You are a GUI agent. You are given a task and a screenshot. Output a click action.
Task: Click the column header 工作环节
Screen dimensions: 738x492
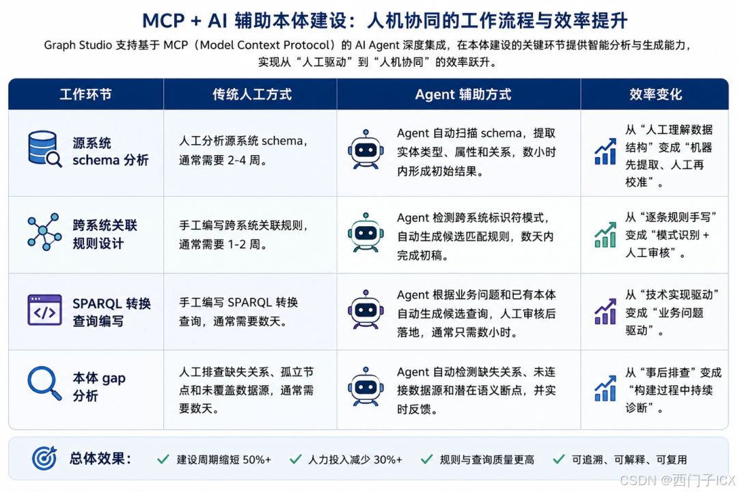point(85,94)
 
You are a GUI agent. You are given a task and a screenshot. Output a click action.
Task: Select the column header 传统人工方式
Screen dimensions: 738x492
point(251,94)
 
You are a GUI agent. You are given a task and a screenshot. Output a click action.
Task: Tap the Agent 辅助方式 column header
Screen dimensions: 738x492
point(463,94)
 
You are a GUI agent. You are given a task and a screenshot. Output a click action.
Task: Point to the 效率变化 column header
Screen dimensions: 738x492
point(655,94)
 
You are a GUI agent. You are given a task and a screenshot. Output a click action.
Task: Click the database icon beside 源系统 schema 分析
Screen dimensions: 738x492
point(44,149)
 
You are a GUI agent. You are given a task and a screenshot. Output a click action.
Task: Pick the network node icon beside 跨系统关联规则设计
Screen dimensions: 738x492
point(44,232)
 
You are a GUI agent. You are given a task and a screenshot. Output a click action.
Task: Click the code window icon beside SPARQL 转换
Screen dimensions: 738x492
point(44,310)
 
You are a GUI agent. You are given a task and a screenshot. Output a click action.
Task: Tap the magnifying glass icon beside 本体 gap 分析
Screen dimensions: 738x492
point(44,383)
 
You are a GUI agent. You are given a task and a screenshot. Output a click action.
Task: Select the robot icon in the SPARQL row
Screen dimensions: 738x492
point(366,310)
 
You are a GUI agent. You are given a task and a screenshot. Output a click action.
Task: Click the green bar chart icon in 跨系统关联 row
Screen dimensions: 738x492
point(605,234)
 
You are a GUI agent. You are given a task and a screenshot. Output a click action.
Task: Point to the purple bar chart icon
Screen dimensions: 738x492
point(605,312)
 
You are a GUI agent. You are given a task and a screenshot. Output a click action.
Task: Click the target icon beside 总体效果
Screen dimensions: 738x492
point(44,458)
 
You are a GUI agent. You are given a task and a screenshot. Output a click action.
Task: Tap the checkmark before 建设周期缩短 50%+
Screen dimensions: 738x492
point(163,459)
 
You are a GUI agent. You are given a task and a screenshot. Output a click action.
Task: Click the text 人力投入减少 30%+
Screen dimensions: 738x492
point(355,459)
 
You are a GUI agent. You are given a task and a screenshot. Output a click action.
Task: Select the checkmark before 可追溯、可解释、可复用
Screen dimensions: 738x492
point(559,459)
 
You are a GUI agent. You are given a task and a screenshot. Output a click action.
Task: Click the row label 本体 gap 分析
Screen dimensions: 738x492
point(99,387)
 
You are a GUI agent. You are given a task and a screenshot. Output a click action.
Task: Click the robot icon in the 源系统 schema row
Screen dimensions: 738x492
point(366,149)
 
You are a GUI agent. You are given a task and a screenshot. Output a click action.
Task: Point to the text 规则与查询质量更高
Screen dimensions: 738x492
point(487,459)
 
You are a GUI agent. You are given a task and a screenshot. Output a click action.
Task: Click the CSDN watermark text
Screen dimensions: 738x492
point(677,480)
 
